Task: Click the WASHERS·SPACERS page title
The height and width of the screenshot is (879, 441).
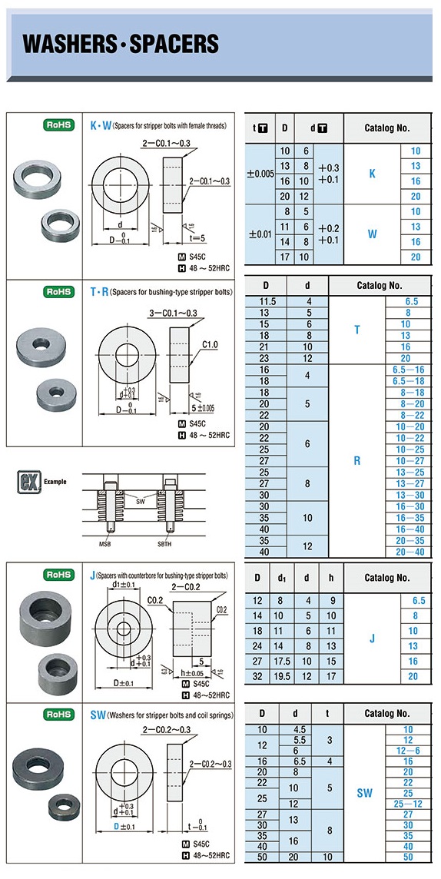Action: click(121, 44)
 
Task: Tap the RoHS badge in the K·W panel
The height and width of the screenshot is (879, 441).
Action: click(59, 125)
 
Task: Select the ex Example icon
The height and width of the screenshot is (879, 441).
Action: click(29, 482)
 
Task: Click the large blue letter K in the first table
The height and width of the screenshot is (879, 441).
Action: click(372, 174)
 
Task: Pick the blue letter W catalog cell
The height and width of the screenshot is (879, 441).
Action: click(372, 234)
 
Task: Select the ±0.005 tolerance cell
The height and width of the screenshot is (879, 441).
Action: click(260, 174)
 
